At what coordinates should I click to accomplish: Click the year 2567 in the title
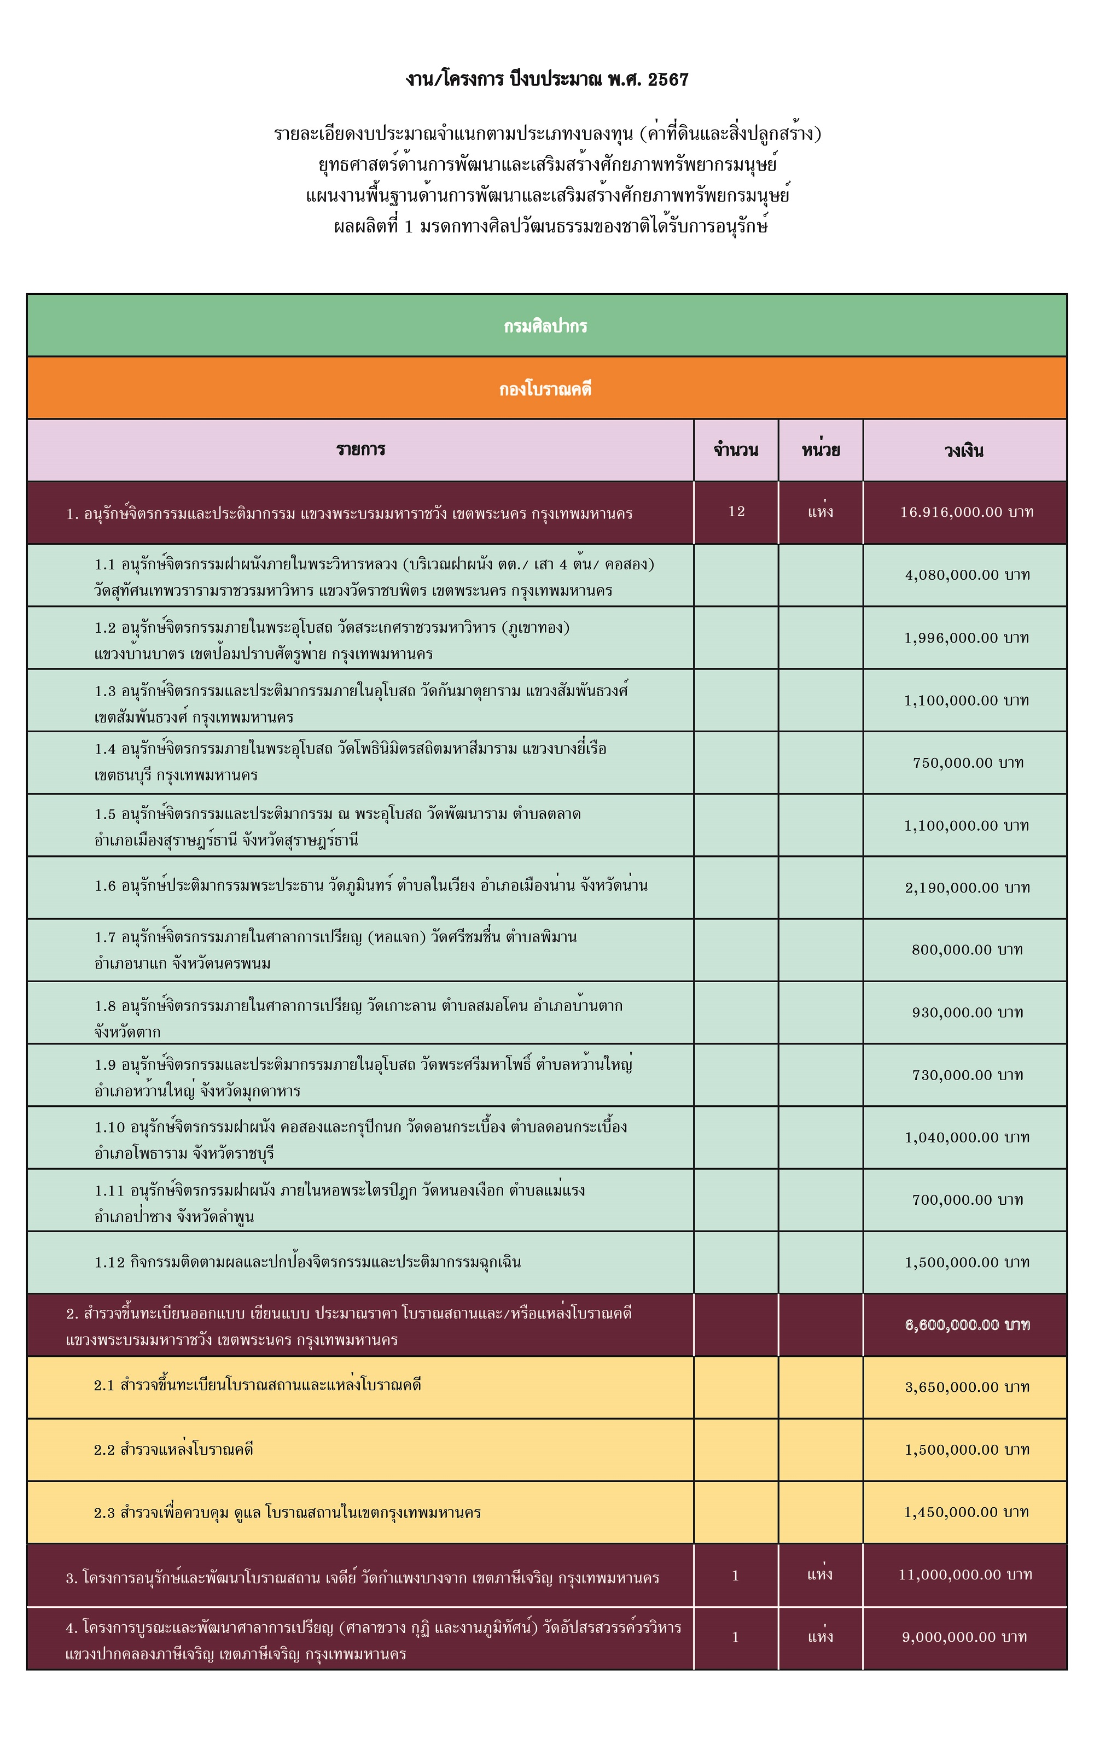tap(668, 79)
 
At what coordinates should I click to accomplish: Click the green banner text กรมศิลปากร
tap(545, 326)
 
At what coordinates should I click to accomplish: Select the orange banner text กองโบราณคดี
tap(545, 389)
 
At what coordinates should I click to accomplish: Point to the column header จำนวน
tap(736, 450)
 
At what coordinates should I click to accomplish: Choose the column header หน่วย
tap(821, 450)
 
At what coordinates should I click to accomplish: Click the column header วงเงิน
tap(964, 451)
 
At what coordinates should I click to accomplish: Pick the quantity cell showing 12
tap(736, 511)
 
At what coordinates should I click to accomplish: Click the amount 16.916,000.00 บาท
tap(967, 512)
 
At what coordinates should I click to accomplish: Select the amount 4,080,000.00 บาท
tap(967, 575)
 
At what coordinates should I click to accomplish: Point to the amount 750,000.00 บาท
tap(968, 762)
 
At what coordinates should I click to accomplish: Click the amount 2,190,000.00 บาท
tap(967, 888)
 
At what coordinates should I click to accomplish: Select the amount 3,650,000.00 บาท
tap(967, 1387)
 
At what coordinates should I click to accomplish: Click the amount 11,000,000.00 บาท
tap(965, 1574)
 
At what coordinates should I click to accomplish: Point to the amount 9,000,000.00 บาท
tap(964, 1637)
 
